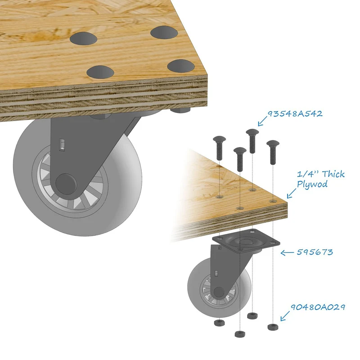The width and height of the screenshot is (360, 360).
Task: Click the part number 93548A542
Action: [295, 114]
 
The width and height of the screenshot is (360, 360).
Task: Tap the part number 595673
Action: [315, 252]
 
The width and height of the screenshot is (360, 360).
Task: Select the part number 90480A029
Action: [318, 307]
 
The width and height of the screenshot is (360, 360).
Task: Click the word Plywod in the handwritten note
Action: [312, 184]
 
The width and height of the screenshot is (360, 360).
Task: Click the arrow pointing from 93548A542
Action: [263, 121]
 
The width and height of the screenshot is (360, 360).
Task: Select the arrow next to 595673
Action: [287, 253]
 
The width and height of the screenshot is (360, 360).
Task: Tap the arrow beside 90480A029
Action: [285, 316]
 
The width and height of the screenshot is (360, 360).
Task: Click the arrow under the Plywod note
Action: [292, 193]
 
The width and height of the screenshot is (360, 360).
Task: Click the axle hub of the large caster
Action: [66, 184]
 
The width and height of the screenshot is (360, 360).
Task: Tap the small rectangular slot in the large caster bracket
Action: [62, 145]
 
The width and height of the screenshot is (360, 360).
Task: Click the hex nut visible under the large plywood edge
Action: [180, 110]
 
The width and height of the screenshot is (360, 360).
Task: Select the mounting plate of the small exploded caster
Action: [246, 242]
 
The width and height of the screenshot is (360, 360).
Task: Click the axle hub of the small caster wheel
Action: [219, 292]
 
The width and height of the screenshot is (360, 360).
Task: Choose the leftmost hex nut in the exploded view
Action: [219, 323]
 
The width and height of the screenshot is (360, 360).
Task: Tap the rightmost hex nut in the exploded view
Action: [273, 327]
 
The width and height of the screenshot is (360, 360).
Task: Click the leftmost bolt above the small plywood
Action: [219, 148]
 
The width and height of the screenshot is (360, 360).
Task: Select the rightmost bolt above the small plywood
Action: [273, 152]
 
